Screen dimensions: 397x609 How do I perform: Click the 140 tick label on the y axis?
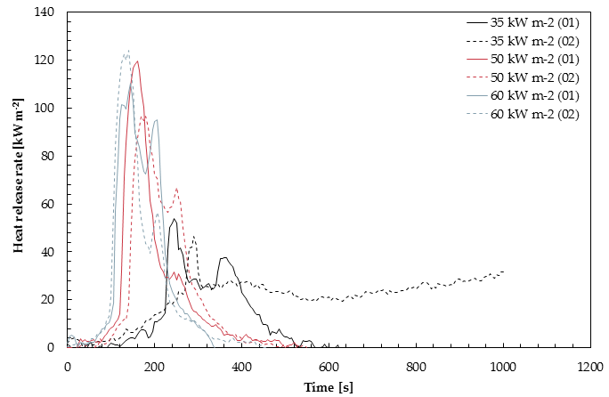[x=45, y=12]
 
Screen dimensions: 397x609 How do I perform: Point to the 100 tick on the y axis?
[x=45, y=109]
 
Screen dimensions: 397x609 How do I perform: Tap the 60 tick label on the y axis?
[x=48, y=204]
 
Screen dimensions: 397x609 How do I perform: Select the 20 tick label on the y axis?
[x=48, y=300]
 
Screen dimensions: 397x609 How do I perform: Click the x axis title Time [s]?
[x=328, y=386]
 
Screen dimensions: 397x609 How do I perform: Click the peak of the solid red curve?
[x=137, y=61]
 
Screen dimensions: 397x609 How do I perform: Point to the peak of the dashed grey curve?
[x=128, y=51]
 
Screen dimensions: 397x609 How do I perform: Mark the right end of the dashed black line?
[x=504, y=271]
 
